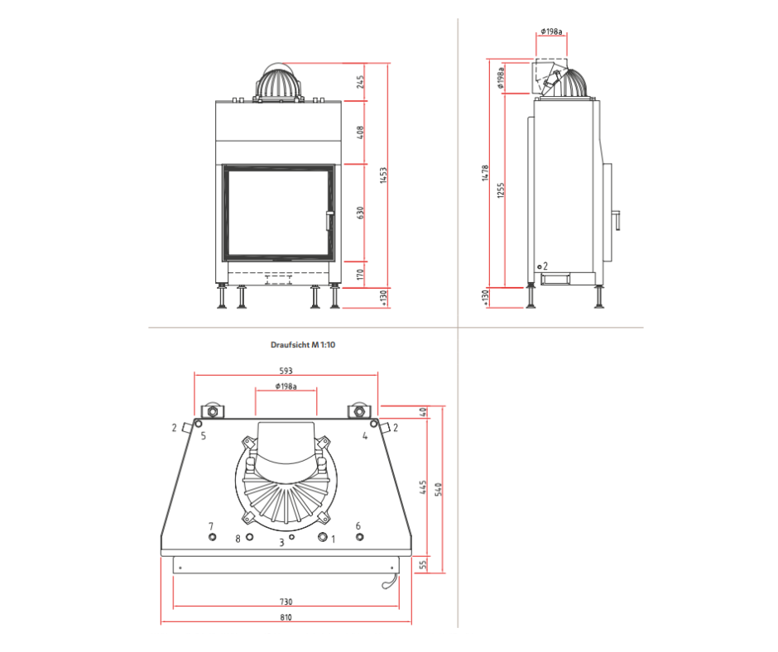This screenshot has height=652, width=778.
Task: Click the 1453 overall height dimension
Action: pyautogui.click(x=383, y=175)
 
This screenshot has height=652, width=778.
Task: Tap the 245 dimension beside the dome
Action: pyautogui.click(x=361, y=81)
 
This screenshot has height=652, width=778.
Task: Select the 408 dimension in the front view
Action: pyautogui.click(x=361, y=132)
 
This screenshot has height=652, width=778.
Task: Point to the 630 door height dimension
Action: pyautogui.click(x=361, y=213)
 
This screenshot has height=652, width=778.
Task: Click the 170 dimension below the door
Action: pyautogui.click(x=361, y=275)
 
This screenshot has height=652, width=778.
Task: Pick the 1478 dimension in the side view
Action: pyautogui.click(x=485, y=173)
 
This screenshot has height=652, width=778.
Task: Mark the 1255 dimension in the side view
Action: pyautogui.click(x=501, y=190)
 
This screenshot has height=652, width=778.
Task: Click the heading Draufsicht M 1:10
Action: pyautogui.click(x=303, y=345)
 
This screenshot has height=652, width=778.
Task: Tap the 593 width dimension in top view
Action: pyautogui.click(x=286, y=371)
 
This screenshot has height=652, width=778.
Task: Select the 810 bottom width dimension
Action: pyautogui.click(x=286, y=617)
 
